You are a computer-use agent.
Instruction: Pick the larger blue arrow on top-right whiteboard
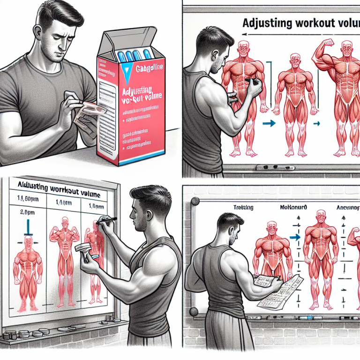[x=269, y=124]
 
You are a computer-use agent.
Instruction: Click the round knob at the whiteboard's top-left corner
[x=194, y=201]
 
